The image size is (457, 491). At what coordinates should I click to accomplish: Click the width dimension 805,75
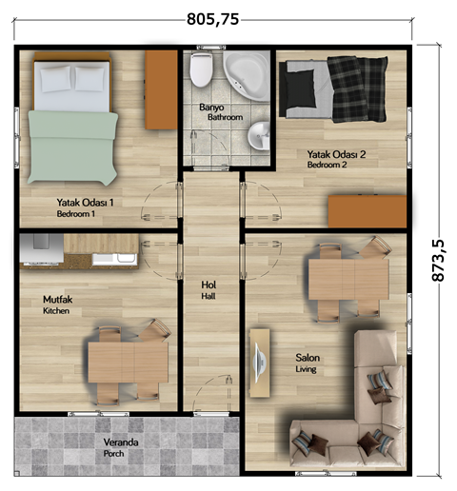(x=212, y=19)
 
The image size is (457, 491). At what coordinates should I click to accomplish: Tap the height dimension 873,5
(x=438, y=260)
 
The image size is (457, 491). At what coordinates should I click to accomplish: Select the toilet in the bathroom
(x=201, y=69)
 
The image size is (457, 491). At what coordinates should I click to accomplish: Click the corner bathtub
(x=247, y=75)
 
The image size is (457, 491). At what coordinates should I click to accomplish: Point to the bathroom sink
(x=258, y=136)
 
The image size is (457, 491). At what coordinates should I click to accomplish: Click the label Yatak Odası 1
(x=85, y=203)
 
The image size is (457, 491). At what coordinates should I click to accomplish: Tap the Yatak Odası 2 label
(x=336, y=154)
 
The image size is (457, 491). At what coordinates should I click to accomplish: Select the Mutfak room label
(x=57, y=300)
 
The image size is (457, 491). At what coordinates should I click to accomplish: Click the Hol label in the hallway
(x=209, y=285)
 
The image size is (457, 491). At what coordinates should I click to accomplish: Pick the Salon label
(x=308, y=358)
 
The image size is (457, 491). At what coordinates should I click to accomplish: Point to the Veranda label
(x=121, y=442)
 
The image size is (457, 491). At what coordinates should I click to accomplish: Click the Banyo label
(x=211, y=108)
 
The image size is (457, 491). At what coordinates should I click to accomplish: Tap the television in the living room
(x=260, y=363)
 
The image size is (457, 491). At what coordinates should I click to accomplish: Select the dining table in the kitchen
(x=129, y=362)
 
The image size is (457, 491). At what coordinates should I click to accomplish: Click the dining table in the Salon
(x=348, y=279)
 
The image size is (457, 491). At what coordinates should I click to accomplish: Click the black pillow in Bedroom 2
(x=300, y=88)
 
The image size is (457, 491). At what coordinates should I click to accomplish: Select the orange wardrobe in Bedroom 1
(x=161, y=89)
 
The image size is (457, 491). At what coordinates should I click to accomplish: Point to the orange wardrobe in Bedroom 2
(x=368, y=211)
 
